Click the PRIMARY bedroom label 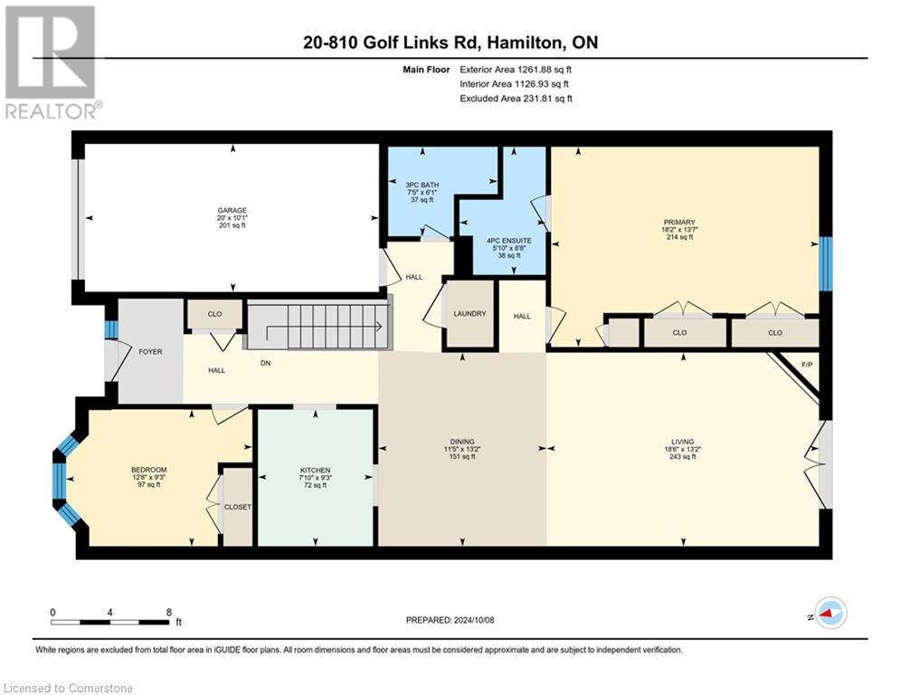[x=678, y=222]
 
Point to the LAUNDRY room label [x=469, y=314]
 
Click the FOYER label [x=150, y=351]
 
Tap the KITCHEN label [x=315, y=471]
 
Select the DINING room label [x=462, y=442]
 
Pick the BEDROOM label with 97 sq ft [x=148, y=470]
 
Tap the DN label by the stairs [x=266, y=364]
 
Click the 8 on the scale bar [x=169, y=612]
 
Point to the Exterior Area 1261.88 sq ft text [x=516, y=69]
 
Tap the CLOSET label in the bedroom [x=237, y=507]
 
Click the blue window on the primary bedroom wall [x=825, y=263]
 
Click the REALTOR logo [x=51, y=62]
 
